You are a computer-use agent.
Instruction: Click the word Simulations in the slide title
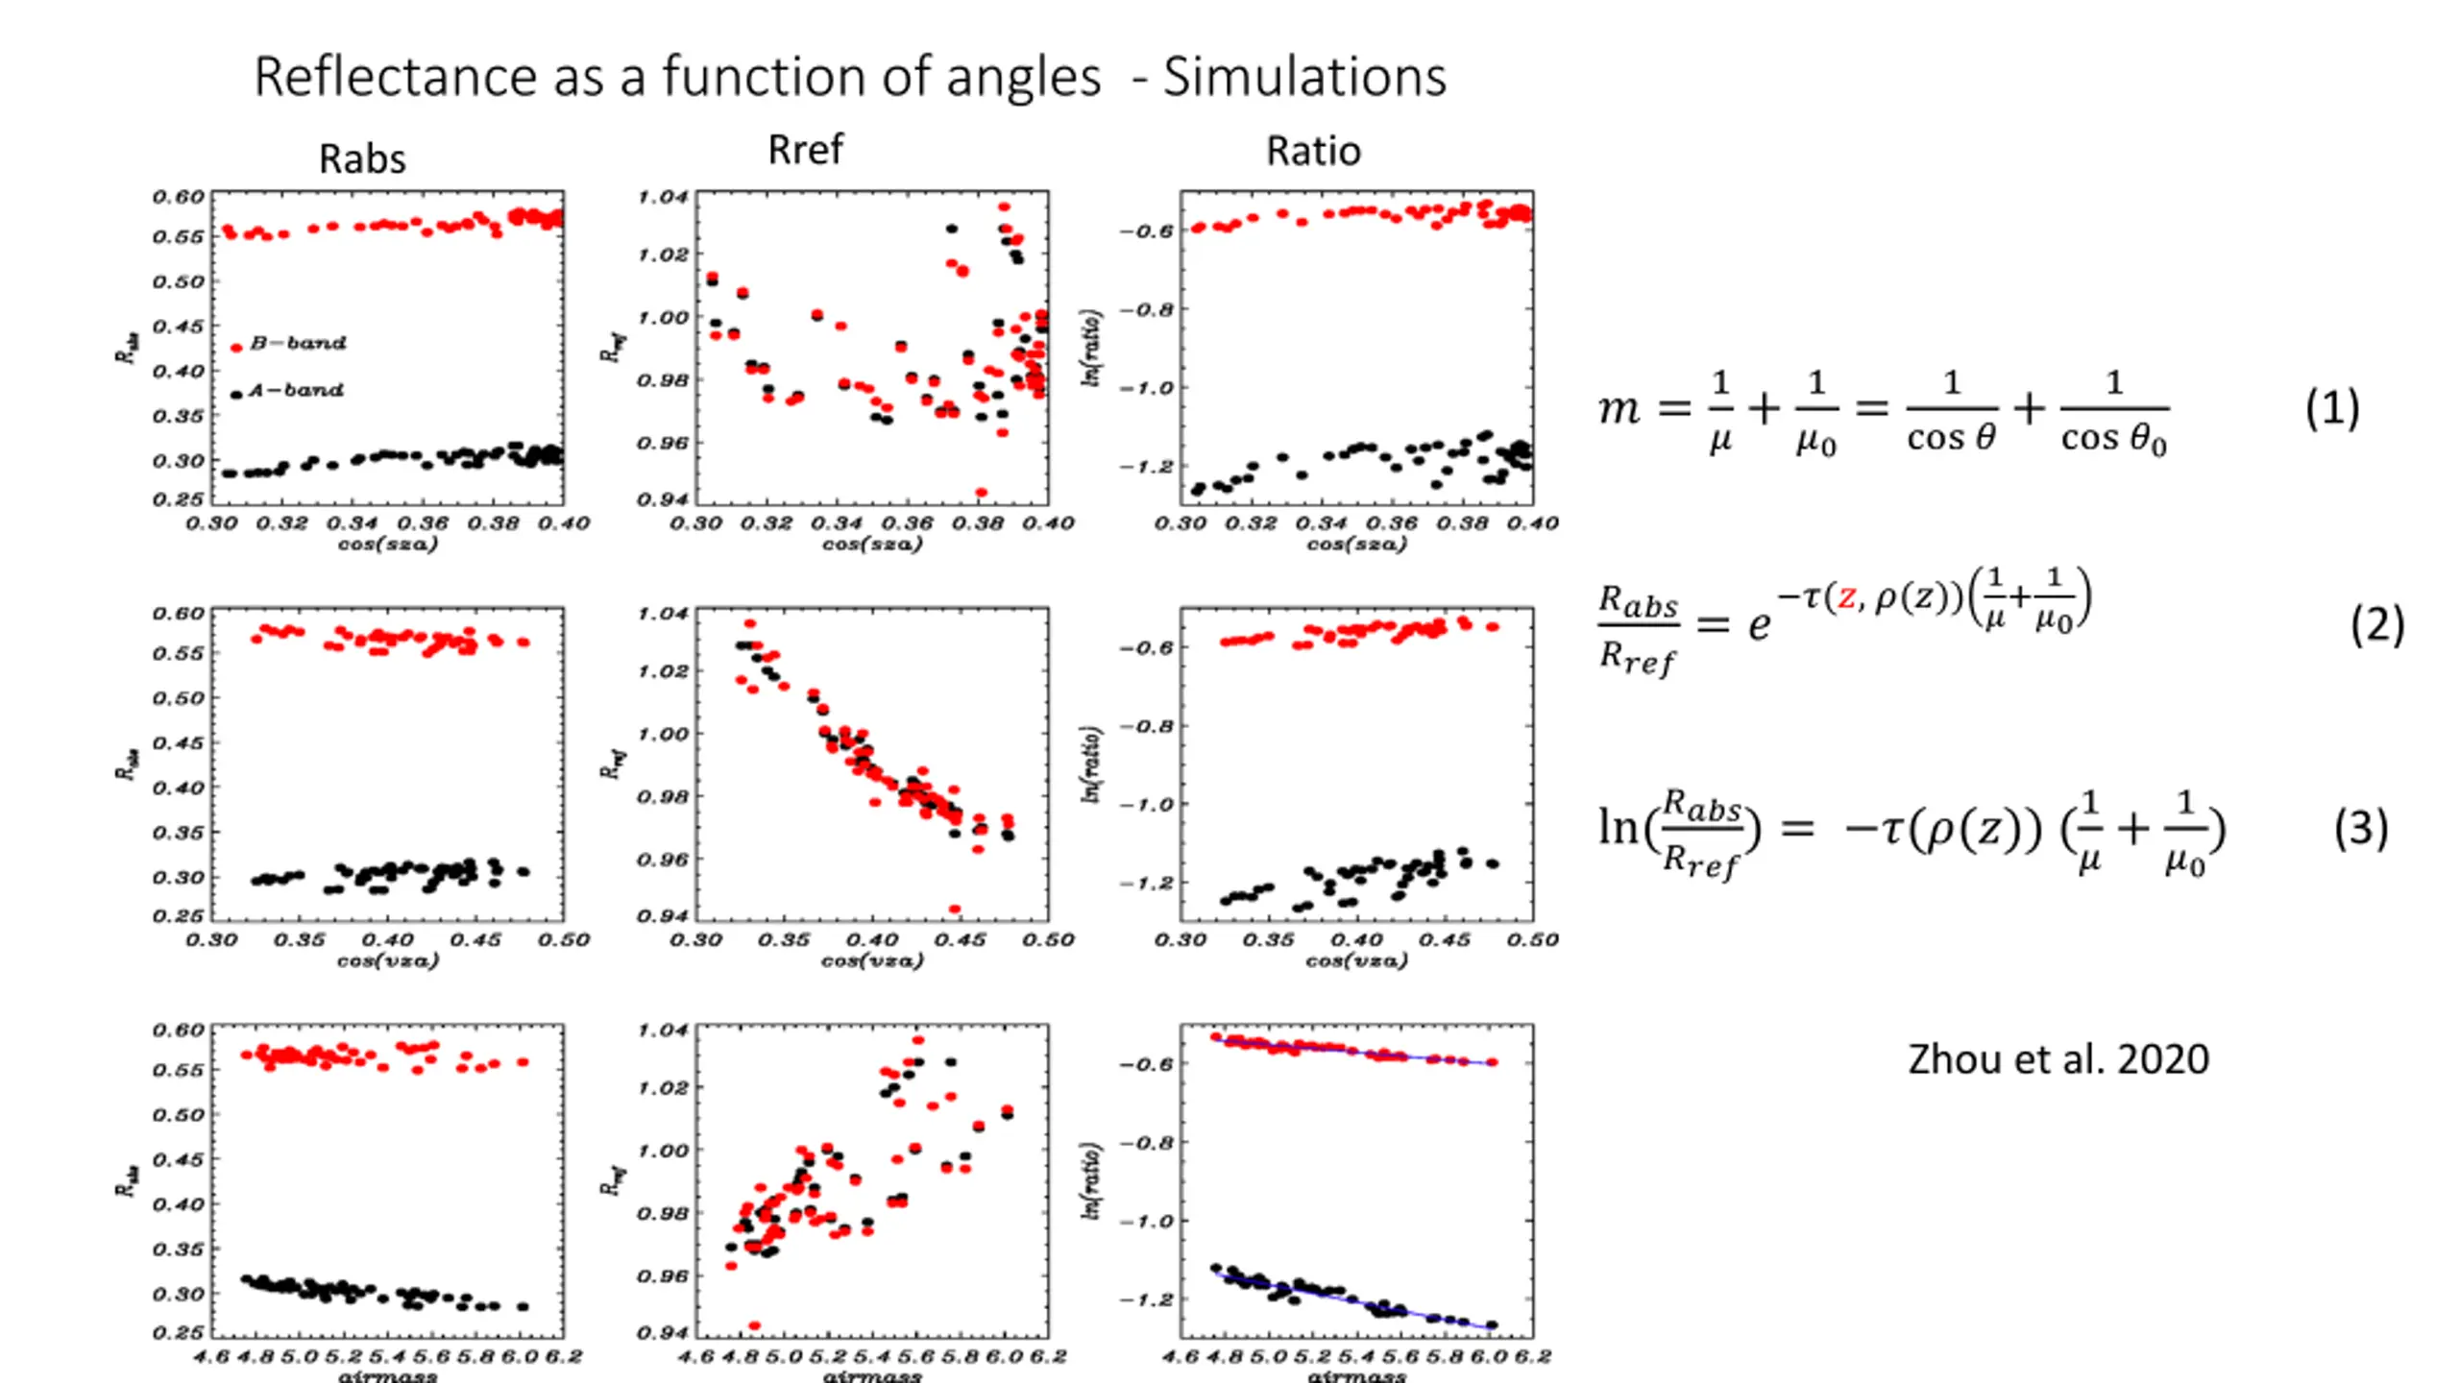pyautogui.click(x=1303, y=77)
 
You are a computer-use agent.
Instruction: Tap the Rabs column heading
pyautogui.click(x=362, y=158)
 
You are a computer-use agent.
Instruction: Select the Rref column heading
pyautogui.click(x=805, y=150)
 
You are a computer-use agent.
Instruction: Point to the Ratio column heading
pyautogui.click(x=1313, y=151)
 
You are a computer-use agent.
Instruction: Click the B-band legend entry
pyautogui.click(x=296, y=343)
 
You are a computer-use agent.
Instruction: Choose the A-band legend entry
pyautogui.click(x=294, y=390)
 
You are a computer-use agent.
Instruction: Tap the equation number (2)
pyautogui.click(x=2376, y=624)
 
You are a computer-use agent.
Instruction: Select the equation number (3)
pyautogui.click(x=2360, y=828)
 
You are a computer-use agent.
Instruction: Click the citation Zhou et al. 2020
pyautogui.click(x=2057, y=1058)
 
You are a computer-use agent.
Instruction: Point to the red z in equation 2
pyautogui.click(x=1846, y=597)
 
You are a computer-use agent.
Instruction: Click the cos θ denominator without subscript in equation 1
pyautogui.click(x=1951, y=438)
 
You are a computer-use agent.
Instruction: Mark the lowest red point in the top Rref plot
pyautogui.click(x=982, y=493)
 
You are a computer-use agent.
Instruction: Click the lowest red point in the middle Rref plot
pyautogui.click(x=955, y=909)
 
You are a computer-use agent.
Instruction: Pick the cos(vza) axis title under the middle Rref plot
pyautogui.click(x=871, y=959)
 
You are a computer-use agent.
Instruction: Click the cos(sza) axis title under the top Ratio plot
pyautogui.click(x=1355, y=544)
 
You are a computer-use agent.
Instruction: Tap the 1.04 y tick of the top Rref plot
pyautogui.click(x=664, y=197)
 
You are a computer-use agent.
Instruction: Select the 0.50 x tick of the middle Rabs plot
pyautogui.click(x=564, y=938)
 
